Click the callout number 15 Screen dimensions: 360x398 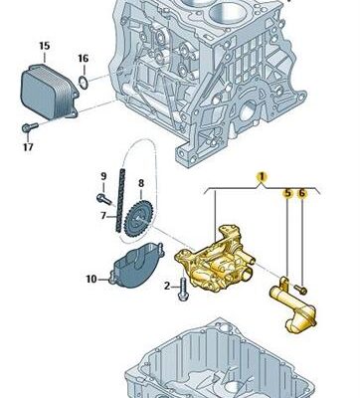click(x=45, y=46)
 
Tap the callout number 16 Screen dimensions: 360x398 click(x=84, y=59)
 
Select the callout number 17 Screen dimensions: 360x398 click(x=28, y=147)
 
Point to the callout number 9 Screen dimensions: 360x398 click(x=103, y=176)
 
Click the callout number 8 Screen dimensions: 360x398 click(x=141, y=183)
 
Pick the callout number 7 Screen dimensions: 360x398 click(x=103, y=216)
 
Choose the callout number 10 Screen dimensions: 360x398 click(x=91, y=280)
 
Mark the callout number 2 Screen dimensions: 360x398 click(x=167, y=286)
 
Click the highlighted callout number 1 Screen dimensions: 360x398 click(x=262, y=177)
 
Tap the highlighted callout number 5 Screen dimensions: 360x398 click(x=287, y=193)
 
